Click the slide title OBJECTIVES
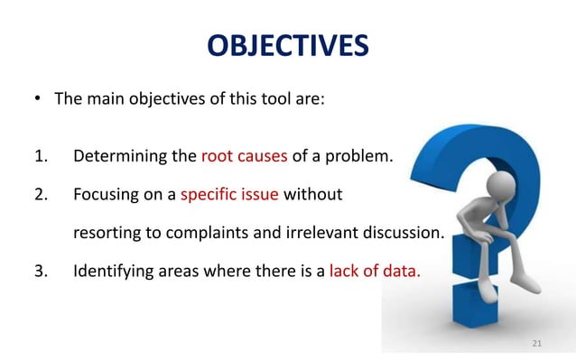tap(287, 44)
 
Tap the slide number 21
tap(537, 344)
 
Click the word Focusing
tap(107, 193)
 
